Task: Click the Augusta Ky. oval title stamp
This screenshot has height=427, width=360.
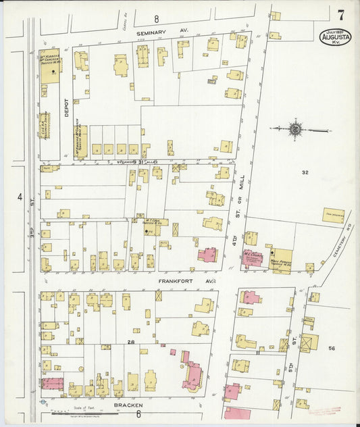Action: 335,35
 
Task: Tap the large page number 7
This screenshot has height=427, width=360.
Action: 341,14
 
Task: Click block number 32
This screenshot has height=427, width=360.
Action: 305,173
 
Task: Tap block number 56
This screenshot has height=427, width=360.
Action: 332,347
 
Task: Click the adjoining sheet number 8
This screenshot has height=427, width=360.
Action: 156,18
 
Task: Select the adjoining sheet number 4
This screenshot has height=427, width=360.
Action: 20,197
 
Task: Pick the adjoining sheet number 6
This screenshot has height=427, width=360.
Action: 138,414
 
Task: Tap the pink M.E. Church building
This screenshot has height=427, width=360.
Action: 255,259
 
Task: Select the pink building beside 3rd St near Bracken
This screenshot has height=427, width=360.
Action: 52,384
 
